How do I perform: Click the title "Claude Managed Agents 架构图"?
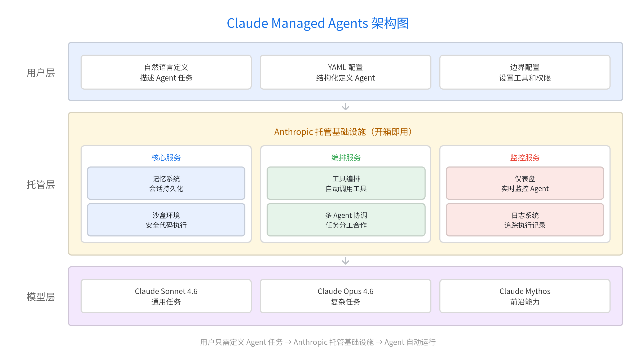(x=318, y=23)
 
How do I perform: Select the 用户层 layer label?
(x=41, y=73)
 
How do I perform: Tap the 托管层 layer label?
(x=41, y=185)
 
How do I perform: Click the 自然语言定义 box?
(x=166, y=72)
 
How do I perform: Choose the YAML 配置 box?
(x=345, y=72)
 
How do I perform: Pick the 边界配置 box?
(x=525, y=72)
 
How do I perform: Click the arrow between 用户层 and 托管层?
(x=346, y=107)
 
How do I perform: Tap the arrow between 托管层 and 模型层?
(x=346, y=261)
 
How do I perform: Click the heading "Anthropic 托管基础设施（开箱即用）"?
(x=343, y=132)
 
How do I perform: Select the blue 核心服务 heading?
(x=166, y=158)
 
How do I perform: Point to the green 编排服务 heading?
(x=346, y=158)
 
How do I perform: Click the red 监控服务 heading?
(x=525, y=158)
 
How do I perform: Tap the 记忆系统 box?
(x=166, y=183)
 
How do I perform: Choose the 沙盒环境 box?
(x=166, y=220)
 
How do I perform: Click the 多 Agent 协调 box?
(x=346, y=220)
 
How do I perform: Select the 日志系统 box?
(x=525, y=220)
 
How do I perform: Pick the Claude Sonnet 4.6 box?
(x=166, y=296)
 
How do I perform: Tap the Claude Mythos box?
(x=525, y=296)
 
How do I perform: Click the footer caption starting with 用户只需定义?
(x=318, y=342)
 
